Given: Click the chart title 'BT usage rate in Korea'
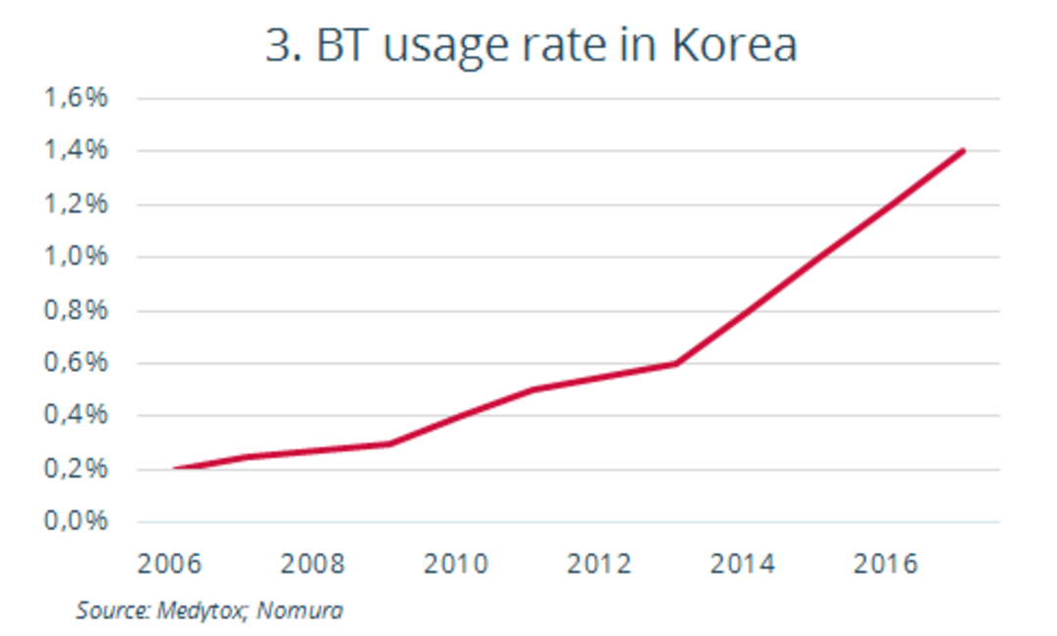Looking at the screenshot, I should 531,46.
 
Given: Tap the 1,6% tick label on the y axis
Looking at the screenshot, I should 74,99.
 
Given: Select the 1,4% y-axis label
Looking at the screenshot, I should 74,152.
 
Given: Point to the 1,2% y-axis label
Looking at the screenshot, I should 74,204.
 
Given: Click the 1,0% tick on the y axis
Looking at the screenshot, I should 74,257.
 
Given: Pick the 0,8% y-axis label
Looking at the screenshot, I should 74,311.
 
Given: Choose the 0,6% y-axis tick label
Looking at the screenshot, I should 74,364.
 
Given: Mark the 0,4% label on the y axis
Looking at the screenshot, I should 74,417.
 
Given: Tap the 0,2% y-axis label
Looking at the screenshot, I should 74,470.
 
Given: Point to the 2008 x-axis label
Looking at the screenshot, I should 313,565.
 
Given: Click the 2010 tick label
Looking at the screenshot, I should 456,565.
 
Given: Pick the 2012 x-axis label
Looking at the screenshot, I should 599,565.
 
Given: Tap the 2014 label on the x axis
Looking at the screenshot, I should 743,565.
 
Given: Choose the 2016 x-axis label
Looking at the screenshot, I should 886,565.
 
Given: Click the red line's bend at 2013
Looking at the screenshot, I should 676,363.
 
